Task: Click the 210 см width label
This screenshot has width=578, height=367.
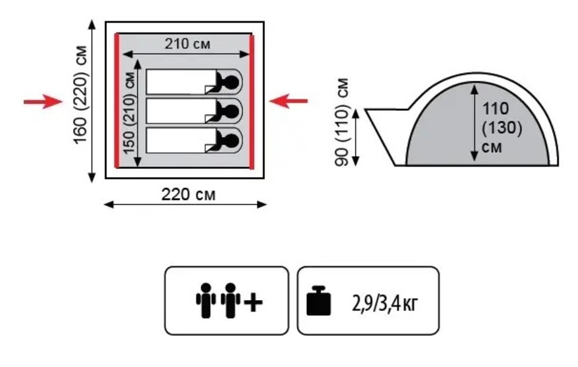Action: [187, 44]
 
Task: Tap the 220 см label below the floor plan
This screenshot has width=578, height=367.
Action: [188, 194]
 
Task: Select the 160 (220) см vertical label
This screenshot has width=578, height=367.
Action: [80, 95]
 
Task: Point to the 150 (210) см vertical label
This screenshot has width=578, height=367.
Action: [129, 113]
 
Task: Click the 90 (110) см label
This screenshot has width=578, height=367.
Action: [341, 122]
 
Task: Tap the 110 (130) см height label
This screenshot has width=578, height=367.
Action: [502, 127]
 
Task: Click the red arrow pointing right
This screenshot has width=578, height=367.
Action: [43, 101]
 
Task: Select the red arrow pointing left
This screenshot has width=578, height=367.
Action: [288, 101]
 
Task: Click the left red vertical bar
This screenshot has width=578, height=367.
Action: [117, 101]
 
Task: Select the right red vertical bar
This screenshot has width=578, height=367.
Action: [252, 102]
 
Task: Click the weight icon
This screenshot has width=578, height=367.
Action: [318, 301]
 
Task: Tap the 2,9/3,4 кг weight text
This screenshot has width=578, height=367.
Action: [385, 303]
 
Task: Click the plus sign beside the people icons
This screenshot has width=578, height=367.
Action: [253, 303]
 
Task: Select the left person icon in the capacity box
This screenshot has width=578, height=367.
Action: [206, 300]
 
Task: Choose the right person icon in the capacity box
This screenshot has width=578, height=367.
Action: [231, 300]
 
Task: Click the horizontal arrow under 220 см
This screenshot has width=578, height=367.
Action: [185, 205]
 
